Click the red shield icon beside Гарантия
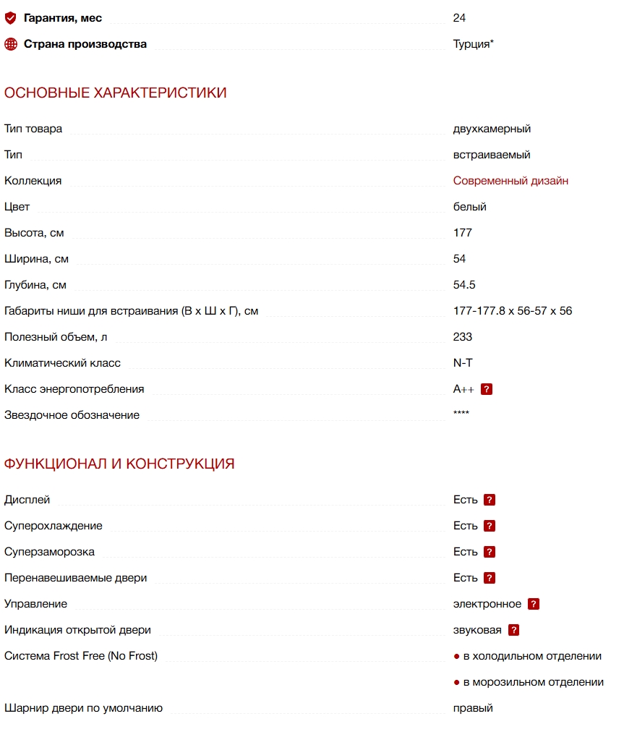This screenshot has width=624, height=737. click(11, 18)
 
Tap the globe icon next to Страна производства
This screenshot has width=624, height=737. click(11, 44)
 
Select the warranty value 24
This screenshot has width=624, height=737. click(459, 18)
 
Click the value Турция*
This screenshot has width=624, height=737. click(474, 44)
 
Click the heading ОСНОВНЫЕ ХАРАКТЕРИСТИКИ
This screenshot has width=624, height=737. click(116, 93)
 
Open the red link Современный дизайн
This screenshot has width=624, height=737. click(510, 181)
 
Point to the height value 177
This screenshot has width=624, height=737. click(463, 233)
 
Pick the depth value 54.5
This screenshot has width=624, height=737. click(464, 285)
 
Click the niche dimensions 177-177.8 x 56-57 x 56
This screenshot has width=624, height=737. click(513, 311)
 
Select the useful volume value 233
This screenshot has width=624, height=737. click(463, 337)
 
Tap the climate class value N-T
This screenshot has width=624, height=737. click(463, 363)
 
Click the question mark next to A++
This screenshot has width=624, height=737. click(487, 389)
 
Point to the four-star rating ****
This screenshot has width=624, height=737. click(461, 414)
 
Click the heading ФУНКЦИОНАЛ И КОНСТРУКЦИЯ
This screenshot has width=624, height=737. click(119, 464)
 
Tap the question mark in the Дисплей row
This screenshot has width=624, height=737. click(490, 500)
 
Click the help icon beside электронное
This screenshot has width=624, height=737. click(534, 604)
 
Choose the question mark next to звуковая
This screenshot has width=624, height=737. click(514, 630)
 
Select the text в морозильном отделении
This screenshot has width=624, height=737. click(534, 682)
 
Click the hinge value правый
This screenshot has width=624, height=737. click(473, 708)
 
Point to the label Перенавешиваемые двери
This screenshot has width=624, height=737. click(75, 578)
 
